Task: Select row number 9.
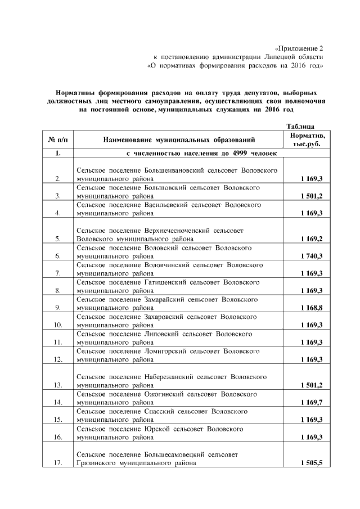[x=57, y=308]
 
